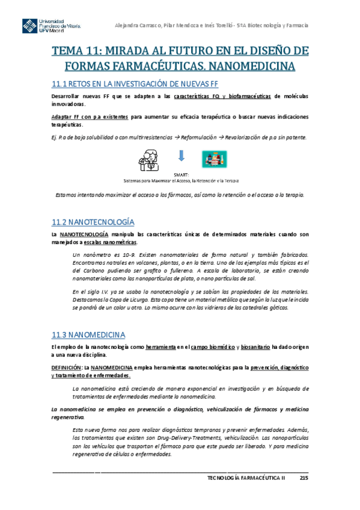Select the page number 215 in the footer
(304, 478)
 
